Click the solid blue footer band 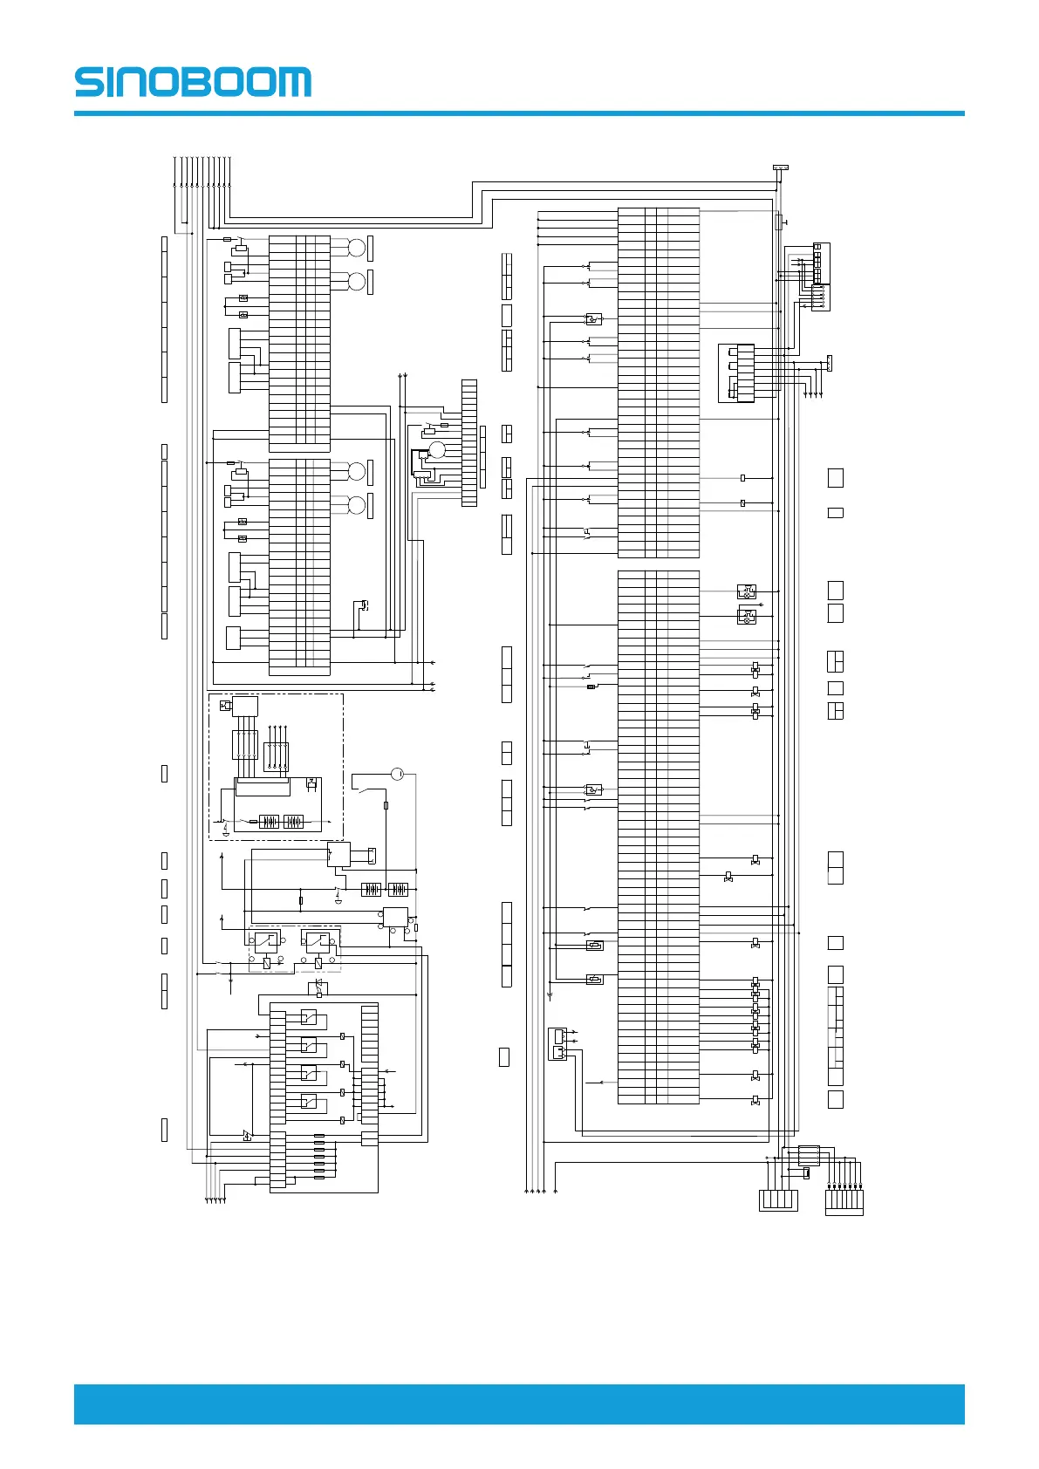tap(519, 1404)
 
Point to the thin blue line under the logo tap(519, 113)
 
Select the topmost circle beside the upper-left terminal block tap(356, 248)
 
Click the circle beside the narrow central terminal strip tap(437, 449)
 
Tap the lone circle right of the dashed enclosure tap(398, 774)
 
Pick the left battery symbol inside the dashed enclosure tap(269, 822)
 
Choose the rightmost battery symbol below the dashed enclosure tap(398, 890)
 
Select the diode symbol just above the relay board tap(319, 986)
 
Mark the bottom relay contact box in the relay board tap(309, 1102)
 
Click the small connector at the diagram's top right tap(780, 167)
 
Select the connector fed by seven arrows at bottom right tap(844, 1201)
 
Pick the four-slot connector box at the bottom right tap(778, 1200)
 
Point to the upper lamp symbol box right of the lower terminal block tap(746, 592)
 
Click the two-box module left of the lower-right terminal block tap(557, 1044)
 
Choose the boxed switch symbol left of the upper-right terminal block tap(594, 319)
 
